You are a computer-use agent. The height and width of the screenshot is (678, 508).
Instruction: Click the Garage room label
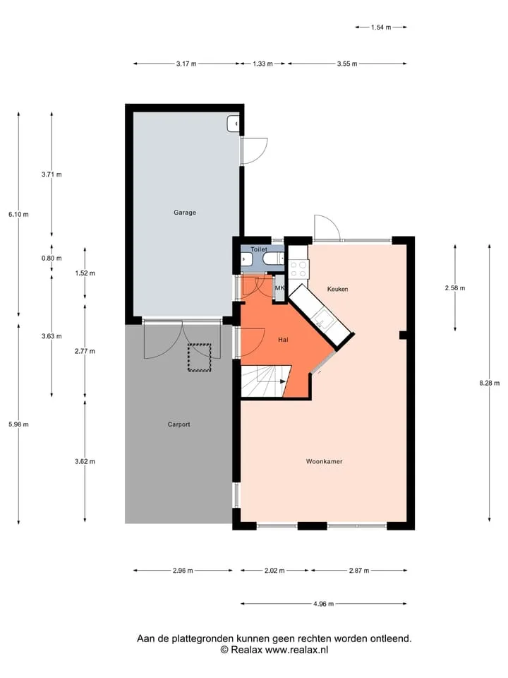click(x=185, y=213)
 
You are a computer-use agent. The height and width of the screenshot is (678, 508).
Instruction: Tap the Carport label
click(x=179, y=424)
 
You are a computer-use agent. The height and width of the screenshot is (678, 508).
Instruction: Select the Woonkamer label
click(x=325, y=461)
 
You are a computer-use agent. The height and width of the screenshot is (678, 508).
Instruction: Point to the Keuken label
click(x=338, y=289)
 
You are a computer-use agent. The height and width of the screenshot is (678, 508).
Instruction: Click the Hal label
click(x=284, y=340)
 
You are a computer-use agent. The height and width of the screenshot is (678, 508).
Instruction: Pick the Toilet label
click(x=259, y=249)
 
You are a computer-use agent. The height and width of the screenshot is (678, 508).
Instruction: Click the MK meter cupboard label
click(x=279, y=288)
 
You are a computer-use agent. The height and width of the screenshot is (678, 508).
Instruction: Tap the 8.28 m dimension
click(x=490, y=383)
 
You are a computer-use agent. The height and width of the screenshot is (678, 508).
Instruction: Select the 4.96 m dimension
click(x=324, y=604)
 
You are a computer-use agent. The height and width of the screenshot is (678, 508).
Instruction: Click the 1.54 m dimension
click(x=381, y=28)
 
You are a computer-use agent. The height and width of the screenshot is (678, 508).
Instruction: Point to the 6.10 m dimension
click(x=18, y=214)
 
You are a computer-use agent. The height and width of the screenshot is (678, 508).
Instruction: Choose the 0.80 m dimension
click(x=52, y=258)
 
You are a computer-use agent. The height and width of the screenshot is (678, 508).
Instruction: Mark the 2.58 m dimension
click(x=455, y=288)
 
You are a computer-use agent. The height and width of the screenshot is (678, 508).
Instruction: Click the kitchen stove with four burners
click(x=298, y=268)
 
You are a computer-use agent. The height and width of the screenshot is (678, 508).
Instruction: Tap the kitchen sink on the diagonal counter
click(x=322, y=319)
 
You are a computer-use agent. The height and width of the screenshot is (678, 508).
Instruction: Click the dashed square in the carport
click(x=199, y=357)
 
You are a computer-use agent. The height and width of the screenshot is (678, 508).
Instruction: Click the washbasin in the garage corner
click(x=233, y=124)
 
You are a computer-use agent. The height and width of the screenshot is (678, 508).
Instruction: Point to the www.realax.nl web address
click(x=297, y=650)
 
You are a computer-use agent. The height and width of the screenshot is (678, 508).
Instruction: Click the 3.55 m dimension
click(x=347, y=64)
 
